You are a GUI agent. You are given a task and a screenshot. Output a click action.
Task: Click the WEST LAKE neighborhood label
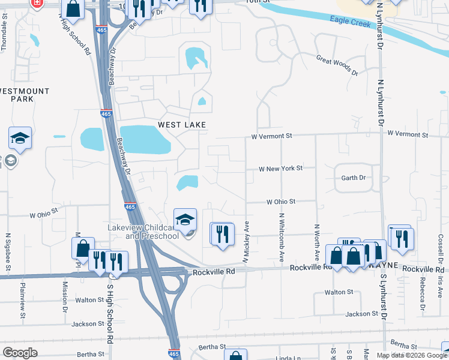click(x=182, y=125)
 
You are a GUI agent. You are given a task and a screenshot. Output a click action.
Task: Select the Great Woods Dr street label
click(x=337, y=64)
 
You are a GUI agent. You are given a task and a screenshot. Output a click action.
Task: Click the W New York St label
click(x=281, y=169)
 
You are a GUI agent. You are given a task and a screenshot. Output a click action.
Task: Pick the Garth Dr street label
click(x=353, y=178)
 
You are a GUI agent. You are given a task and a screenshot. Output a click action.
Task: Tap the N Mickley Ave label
click(x=246, y=242)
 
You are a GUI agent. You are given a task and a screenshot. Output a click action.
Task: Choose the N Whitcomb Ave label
click(x=281, y=237)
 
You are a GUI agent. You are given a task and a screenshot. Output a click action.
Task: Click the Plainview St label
click(x=22, y=297)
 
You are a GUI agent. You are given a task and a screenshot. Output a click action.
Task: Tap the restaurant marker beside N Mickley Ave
click(x=221, y=235)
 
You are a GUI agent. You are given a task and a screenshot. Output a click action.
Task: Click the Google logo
click(x=20, y=353)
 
